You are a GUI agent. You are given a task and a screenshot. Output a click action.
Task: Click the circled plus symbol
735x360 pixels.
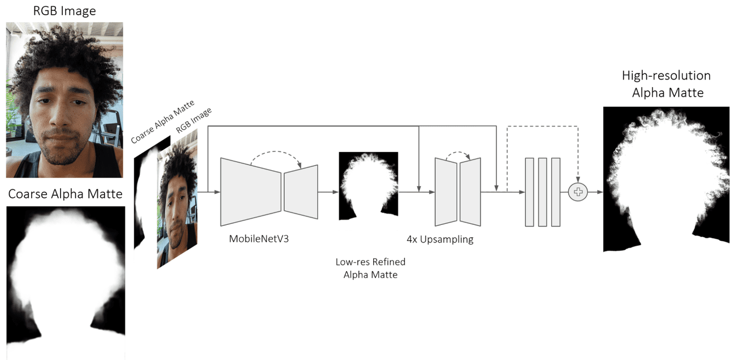[578, 193]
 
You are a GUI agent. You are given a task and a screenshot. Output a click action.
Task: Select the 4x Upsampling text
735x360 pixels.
[440, 238]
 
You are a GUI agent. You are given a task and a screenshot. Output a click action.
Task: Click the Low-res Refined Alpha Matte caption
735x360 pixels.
[370, 268]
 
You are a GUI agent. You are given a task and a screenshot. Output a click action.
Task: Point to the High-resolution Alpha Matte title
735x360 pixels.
[667, 84]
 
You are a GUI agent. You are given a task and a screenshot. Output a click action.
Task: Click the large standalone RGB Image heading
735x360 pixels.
[64, 11]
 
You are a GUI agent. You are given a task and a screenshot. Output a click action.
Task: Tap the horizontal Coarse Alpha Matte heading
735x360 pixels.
[65, 194]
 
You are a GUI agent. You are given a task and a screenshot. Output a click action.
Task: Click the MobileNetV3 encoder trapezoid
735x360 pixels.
[250, 193]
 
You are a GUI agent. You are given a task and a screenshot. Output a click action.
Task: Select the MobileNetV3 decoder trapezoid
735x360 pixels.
[301, 193]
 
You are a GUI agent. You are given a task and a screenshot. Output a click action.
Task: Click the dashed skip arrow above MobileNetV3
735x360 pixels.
[276, 154]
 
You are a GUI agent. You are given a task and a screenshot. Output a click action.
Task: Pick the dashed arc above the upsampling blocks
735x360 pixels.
[458, 153]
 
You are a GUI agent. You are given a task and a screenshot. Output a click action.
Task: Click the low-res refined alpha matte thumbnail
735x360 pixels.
[368, 186]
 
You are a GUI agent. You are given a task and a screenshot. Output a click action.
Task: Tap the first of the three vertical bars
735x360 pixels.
[530, 193]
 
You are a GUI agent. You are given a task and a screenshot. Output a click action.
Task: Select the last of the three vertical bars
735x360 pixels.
[555, 193]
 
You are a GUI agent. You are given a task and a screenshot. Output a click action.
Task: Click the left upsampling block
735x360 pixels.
[445, 192]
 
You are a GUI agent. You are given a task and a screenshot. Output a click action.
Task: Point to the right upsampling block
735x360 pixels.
[470, 192]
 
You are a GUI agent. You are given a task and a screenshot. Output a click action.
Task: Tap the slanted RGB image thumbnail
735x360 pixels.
[178, 198]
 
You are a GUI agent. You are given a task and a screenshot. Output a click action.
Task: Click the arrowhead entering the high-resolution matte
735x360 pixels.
[599, 193]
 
